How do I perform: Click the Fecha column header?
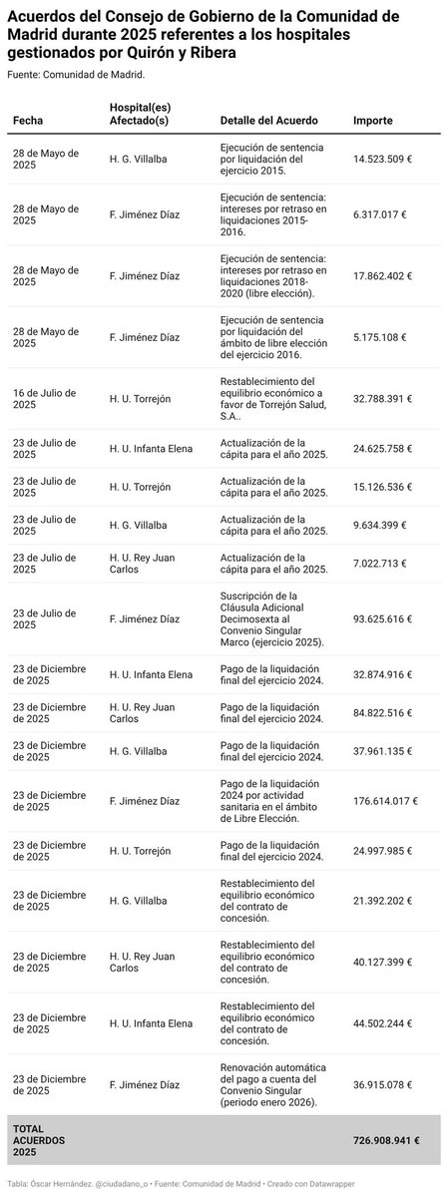[x=28, y=121]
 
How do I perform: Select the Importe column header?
[x=373, y=121]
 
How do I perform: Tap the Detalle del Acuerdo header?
[x=268, y=121]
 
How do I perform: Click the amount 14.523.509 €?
[x=383, y=160]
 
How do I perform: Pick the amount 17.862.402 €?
[x=383, y=275]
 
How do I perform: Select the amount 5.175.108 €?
[x=381, y=337]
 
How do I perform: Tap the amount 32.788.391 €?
[x=383, y=399]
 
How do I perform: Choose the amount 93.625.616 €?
[x=383, y=619]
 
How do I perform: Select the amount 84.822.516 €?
[x=383, y=712]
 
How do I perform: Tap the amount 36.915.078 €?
[x=383, y=1084]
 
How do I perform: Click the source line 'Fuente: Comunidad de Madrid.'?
[x=76, y=75]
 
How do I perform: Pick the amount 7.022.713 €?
[x=381, y=564]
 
